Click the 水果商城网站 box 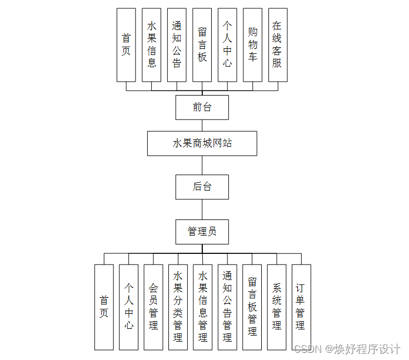coord(202,143)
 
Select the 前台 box coord(202,107)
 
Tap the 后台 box coord(202,187)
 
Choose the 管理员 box coord(202,232)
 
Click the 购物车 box coord(252,45)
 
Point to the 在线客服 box coord(277,45)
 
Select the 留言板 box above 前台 coord(202,45)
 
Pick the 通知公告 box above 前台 coord(177,45)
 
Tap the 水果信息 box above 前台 coord(152,45)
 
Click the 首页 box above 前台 coord(126,45)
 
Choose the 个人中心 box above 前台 coord(227,45)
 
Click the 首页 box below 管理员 coord(104,307)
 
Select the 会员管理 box coord(153,307)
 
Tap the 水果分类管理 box coord(178,307)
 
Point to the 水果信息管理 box coord(203,307)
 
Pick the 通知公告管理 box coord(227,307)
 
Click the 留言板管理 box coord(252,307)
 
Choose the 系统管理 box coord(277,307)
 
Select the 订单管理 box coord(301,307)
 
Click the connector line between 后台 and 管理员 coord(202,209)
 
